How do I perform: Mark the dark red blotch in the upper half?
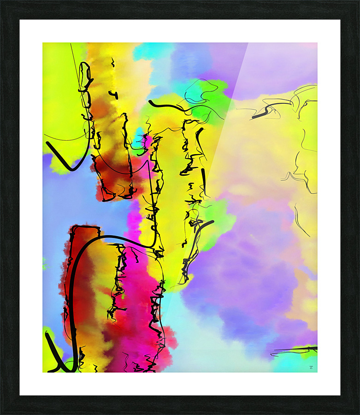pos(111,175)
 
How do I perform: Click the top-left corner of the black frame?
pos(2,2)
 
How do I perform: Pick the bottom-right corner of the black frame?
pos(358,413)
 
